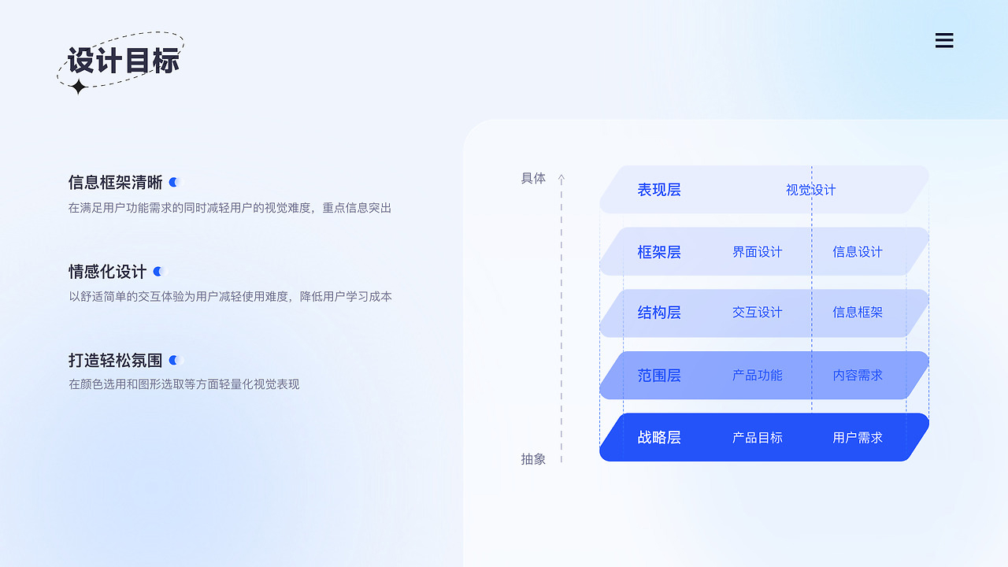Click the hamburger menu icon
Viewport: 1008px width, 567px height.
coord(944,41)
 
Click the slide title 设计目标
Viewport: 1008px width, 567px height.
coord(124,61)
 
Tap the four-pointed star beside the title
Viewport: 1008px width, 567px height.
coord(78,87)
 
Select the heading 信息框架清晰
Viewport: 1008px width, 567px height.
coord(115,183)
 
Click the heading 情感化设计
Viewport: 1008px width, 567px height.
coord(107,272)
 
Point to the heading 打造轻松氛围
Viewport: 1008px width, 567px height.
coord(115,361)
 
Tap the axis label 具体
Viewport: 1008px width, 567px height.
coord(533,179)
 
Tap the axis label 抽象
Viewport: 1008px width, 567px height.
coord(533,459)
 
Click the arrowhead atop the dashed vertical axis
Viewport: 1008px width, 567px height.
coord(561,179)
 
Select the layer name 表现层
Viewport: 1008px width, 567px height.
coord(659,190)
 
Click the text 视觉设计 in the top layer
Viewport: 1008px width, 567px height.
coord(810,190)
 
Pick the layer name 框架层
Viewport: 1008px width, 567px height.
coord(659,252)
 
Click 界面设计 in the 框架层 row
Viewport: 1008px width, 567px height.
coord(757,252)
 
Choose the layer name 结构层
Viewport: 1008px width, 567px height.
coord(659,313)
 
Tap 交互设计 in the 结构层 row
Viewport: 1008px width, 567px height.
coord(757,313)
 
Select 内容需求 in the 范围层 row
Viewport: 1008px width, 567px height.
coord(858,376)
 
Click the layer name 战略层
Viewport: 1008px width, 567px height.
coord(659,438)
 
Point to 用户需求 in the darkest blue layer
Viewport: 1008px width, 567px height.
coord(858,438)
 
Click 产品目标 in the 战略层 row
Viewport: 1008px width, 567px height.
coord(757,438)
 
